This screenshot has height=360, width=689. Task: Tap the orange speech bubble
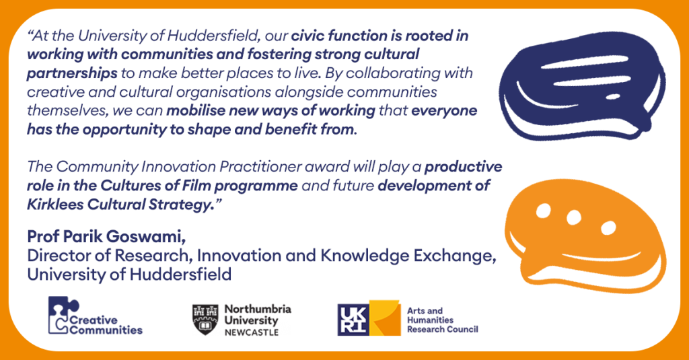pyautogui.click(x=585, y=238)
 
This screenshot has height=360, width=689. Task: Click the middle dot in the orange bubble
pyautogui.click(x=573, y=217)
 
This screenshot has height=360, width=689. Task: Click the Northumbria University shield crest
pyautogui.click(x=205, y=320)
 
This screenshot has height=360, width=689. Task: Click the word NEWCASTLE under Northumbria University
pyautogui.click(x=252, y=332)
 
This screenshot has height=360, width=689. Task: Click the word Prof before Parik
pyautogui.click(x=43, y=236)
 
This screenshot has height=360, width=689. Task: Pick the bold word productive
pyautogui.click(x=463, y=167)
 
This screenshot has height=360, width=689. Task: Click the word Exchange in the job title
pyautogui.click(x=453, y=256)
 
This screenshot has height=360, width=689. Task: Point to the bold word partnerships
pyautogui.click(x=72, y=73)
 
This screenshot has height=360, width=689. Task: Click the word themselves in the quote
pyautogui.click(x=67, y=110)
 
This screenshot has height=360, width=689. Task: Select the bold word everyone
pyautogui.click(x=444, y=111)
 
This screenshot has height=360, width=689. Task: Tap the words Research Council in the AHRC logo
pyautogui.click(x=443, y=329)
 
